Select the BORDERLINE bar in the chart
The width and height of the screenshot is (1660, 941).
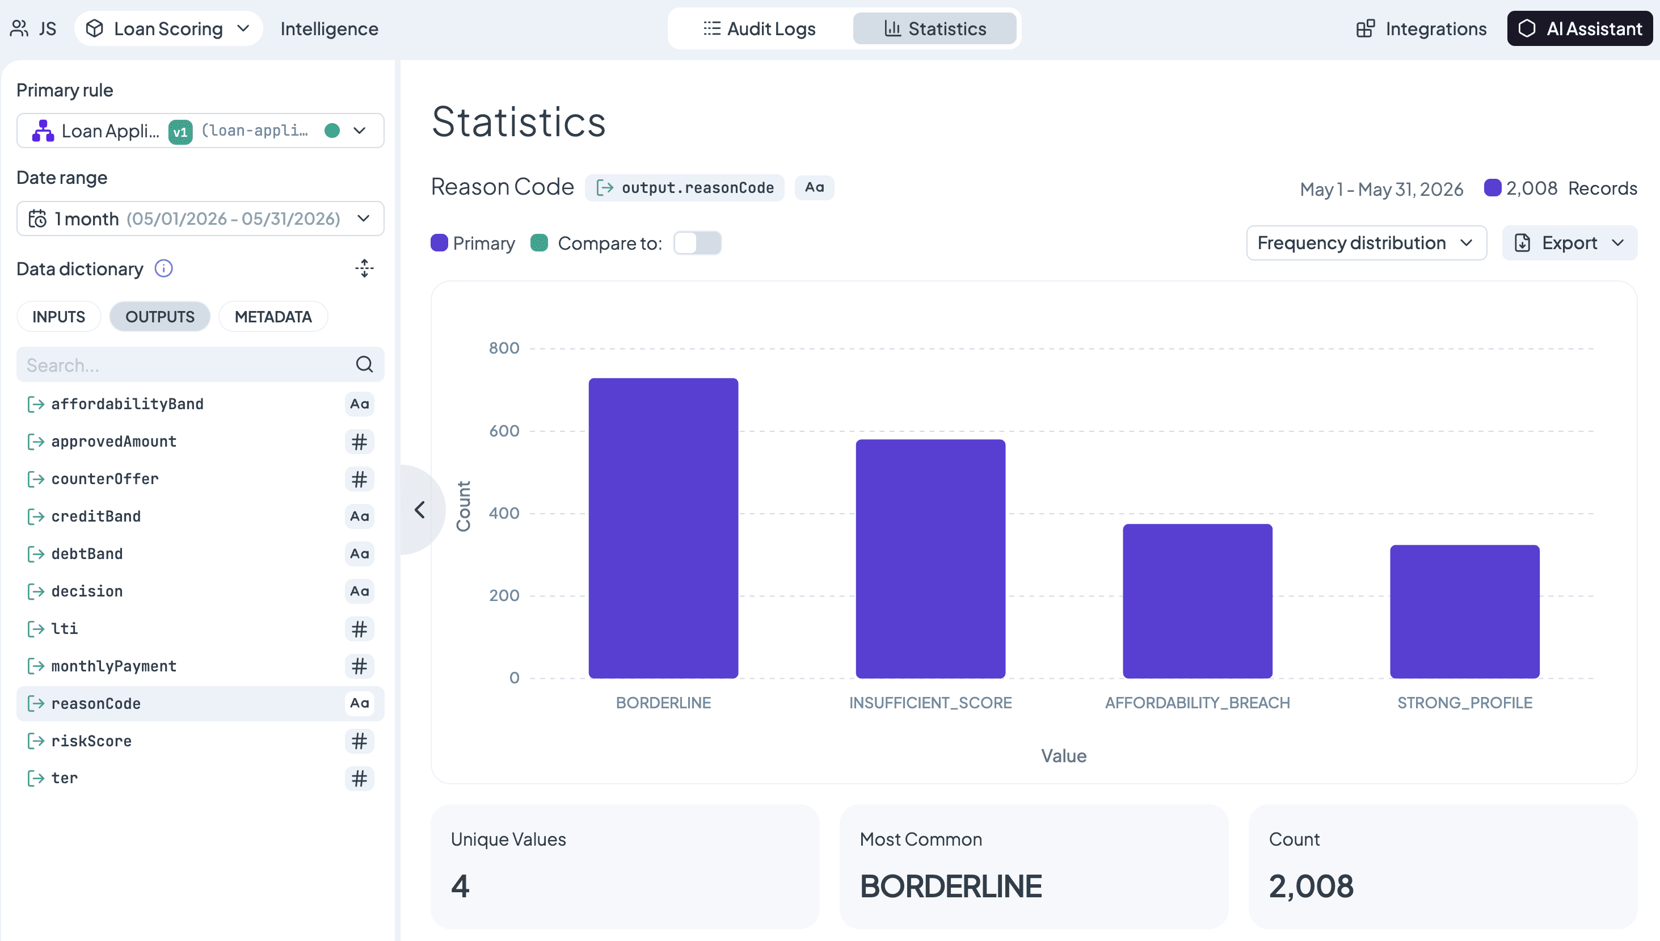(x=663, y=528)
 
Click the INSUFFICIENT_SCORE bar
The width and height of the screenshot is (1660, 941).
(x=930, y=558)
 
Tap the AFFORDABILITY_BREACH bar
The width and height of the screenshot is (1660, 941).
(x=1198, y=601)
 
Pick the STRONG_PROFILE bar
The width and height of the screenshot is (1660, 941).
(x=1465, y=611)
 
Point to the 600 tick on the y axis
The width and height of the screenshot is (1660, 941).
(x=504, y=430)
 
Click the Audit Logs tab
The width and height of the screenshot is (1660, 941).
(x=760, y=28)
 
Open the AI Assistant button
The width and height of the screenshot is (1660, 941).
(x=1580, y=28)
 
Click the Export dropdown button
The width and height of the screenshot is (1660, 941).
(x=1570, y=243)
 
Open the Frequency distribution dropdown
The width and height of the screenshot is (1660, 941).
(x=1367, y=243)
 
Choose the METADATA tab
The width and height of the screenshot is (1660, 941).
(x=273, y=317)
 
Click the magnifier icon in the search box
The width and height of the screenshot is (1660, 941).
(x=364, y=364)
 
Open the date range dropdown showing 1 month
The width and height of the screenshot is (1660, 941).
(x=200, y=219)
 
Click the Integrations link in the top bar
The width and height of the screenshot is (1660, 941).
(x=1421, y=28)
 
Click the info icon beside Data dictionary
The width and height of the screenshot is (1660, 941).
(x=164, y=268)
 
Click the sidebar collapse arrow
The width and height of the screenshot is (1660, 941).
(x=420, y=510)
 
